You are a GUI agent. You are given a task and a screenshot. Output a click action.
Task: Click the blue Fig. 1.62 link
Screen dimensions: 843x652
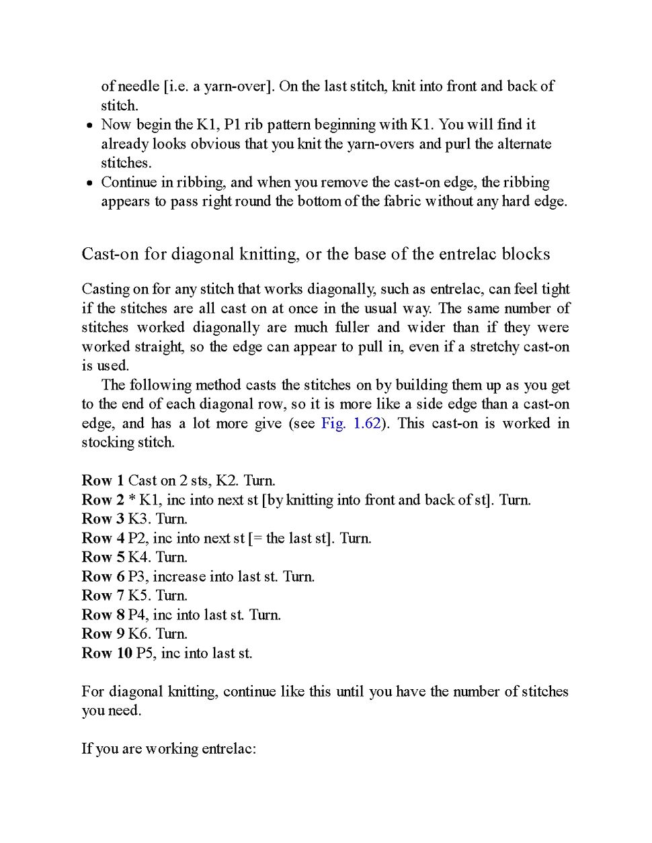coord(351,423)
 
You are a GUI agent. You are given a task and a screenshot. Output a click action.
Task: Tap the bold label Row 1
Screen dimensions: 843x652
coord(103,480)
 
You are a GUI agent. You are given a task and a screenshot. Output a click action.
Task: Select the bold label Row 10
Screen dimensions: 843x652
coord(107,653)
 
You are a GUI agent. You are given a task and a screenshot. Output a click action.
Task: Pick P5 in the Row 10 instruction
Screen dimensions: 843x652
coord(145,653)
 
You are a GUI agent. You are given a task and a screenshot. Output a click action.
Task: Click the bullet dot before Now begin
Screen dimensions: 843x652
coord(89,126)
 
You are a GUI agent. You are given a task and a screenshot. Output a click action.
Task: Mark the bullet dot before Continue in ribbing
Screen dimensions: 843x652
coord(89,183)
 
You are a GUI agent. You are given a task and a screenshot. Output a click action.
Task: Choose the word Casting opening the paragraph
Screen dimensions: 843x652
coord(106,289)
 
